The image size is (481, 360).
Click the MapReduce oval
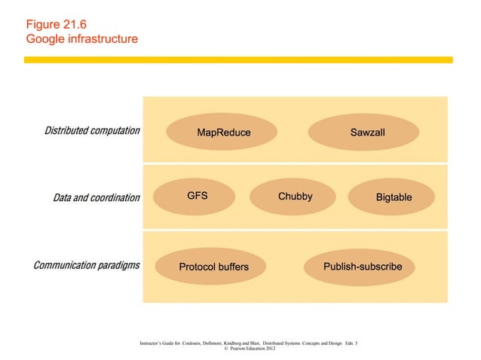coord(223,133)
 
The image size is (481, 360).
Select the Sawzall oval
coord(366,133)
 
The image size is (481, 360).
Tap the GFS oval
coord(198,197)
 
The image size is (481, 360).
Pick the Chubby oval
coord(295,197)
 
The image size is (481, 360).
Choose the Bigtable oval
coord(394,197)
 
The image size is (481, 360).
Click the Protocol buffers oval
coord(213,267)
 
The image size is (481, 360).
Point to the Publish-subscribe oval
coord(363,267)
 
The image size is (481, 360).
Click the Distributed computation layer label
coord(92,131)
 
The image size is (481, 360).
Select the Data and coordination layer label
coord(97,198)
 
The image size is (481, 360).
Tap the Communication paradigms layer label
coord(85,266)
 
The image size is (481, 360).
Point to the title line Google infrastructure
coord(81,37)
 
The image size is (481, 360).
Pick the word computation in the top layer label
coord(114,131)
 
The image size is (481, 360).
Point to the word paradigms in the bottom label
coord(117,266)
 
